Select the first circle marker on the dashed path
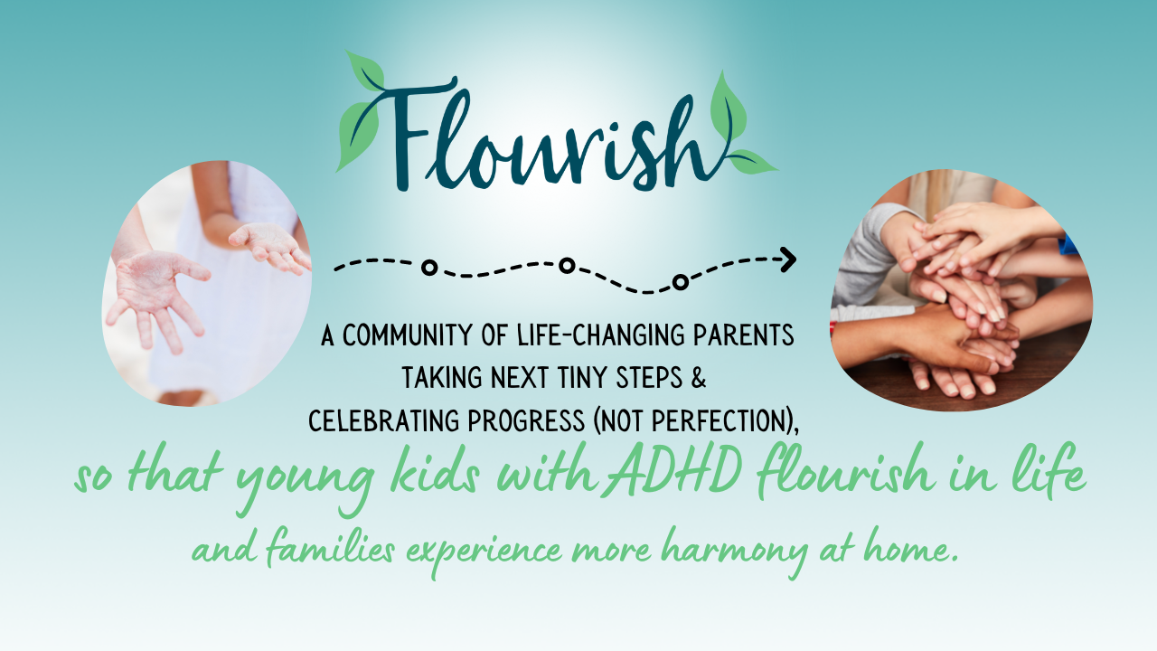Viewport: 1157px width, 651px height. (429, 268)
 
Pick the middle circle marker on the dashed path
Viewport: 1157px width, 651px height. (567, 266)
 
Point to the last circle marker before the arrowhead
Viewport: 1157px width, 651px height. (681, 282)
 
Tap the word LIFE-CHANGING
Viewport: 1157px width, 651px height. (602, 335)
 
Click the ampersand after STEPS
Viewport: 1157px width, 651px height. (698, 378)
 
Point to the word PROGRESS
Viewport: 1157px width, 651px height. (526, 421)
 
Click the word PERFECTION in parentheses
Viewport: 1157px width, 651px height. (719, 421)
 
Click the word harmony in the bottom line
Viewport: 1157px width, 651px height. (733, 552)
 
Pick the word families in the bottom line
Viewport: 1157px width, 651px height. (331, 550)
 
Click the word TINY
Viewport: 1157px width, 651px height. (583, 378)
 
